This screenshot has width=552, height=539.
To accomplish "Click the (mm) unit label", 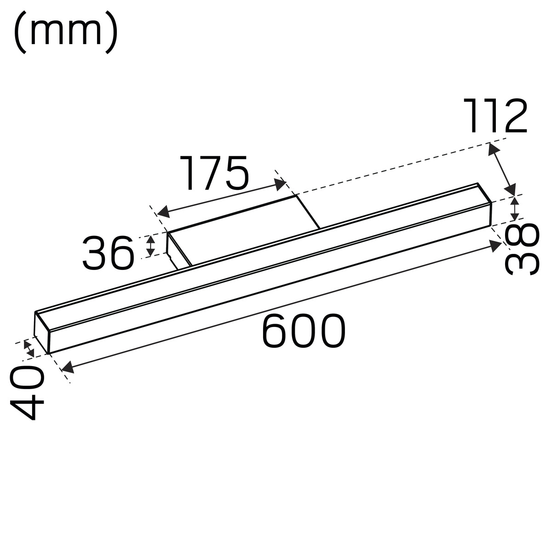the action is (x=65, y=32).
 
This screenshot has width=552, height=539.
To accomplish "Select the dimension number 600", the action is (x=304, y=330).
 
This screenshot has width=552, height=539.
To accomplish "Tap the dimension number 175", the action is (x=214, y=172).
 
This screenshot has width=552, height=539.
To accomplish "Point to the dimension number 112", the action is (x=495, y=115).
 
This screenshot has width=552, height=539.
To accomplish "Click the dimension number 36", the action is (x=108, y=252).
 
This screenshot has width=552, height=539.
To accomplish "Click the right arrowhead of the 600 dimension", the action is (x=496, y=246).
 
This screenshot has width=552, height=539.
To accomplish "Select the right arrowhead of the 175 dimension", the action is (x=280, y=184).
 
